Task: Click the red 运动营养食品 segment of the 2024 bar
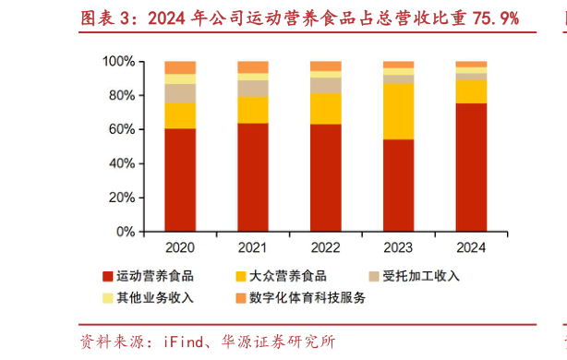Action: click(471, 166)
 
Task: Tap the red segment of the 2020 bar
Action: click(180, 179)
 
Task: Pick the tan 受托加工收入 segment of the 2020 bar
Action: click(180, 93)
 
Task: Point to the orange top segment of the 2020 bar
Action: click(180, 67)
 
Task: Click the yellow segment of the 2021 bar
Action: click(253, 110)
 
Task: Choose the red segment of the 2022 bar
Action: click(325, 176)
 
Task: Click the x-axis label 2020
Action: click(180, 247)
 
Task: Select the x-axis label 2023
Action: click(398, 247)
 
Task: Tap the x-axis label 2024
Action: click(471, 247)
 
